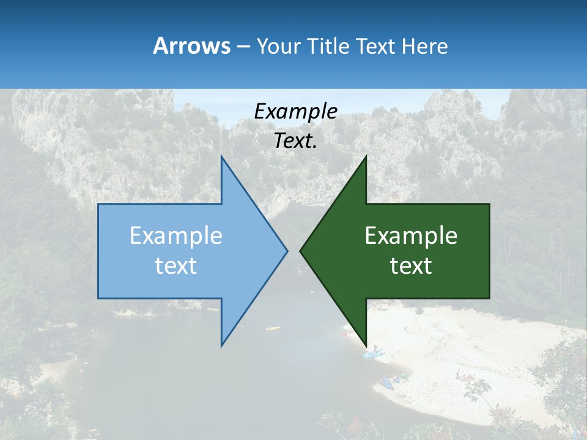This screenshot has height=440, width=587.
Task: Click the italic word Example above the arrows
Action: pyautogui.click(x=295, y=111)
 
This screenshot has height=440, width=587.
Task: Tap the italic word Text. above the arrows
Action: pyautogui.click(x=295, y=141)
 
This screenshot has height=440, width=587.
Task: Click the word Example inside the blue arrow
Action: pyautogui.click(x=176, y=235)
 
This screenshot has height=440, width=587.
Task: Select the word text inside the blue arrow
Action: pyautogui.click(x=176, y=266)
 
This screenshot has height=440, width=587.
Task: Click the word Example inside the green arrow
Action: pyautogui.click(x=411, y=235)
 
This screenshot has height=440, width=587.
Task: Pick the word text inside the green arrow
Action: pyautogui.click(x=411, y=266)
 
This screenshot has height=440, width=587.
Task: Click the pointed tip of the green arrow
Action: pyautogui.click(x=301, y=251)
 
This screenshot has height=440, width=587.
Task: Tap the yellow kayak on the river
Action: pyautogui.click(x=273, y=328)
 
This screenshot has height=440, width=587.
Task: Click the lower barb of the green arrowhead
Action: pyautogui.click(x=365, y=343)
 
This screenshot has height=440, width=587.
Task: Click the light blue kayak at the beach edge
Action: pyautogui.click(x=372, y=353)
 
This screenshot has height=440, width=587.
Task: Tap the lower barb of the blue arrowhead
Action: pyautogui.click(x=222, y=343)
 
